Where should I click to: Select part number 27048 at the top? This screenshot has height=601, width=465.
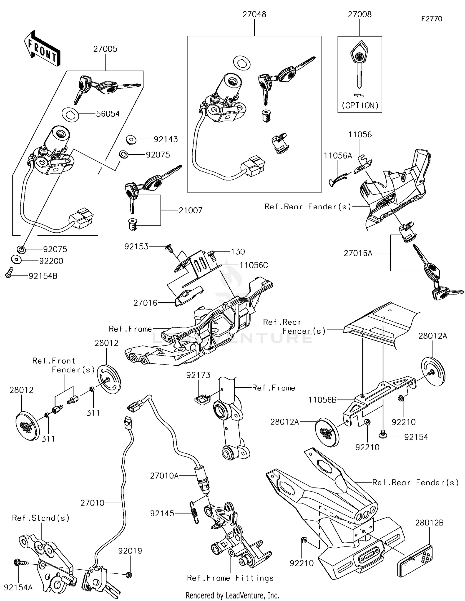tap(254, 14)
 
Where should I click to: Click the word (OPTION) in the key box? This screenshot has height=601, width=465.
tap(360, 105)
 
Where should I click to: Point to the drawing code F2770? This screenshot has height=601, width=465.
tap(432, 19)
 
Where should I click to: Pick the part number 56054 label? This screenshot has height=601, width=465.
tap(108, 114)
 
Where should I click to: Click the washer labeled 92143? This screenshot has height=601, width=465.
tap(131, 140)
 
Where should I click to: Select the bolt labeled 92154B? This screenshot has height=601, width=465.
tap(9, 273)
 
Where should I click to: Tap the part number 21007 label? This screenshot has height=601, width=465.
tap(190, 211)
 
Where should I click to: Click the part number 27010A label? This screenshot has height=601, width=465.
tap(164, 476)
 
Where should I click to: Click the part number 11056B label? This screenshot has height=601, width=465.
tap(322, 400)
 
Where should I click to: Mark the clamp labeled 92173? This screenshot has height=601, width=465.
tap(202, 399)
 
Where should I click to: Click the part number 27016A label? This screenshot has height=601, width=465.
tap(358, 253)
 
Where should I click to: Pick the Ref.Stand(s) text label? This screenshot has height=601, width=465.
tap(41, 518)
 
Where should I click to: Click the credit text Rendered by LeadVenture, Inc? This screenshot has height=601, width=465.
tap(232, 595)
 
